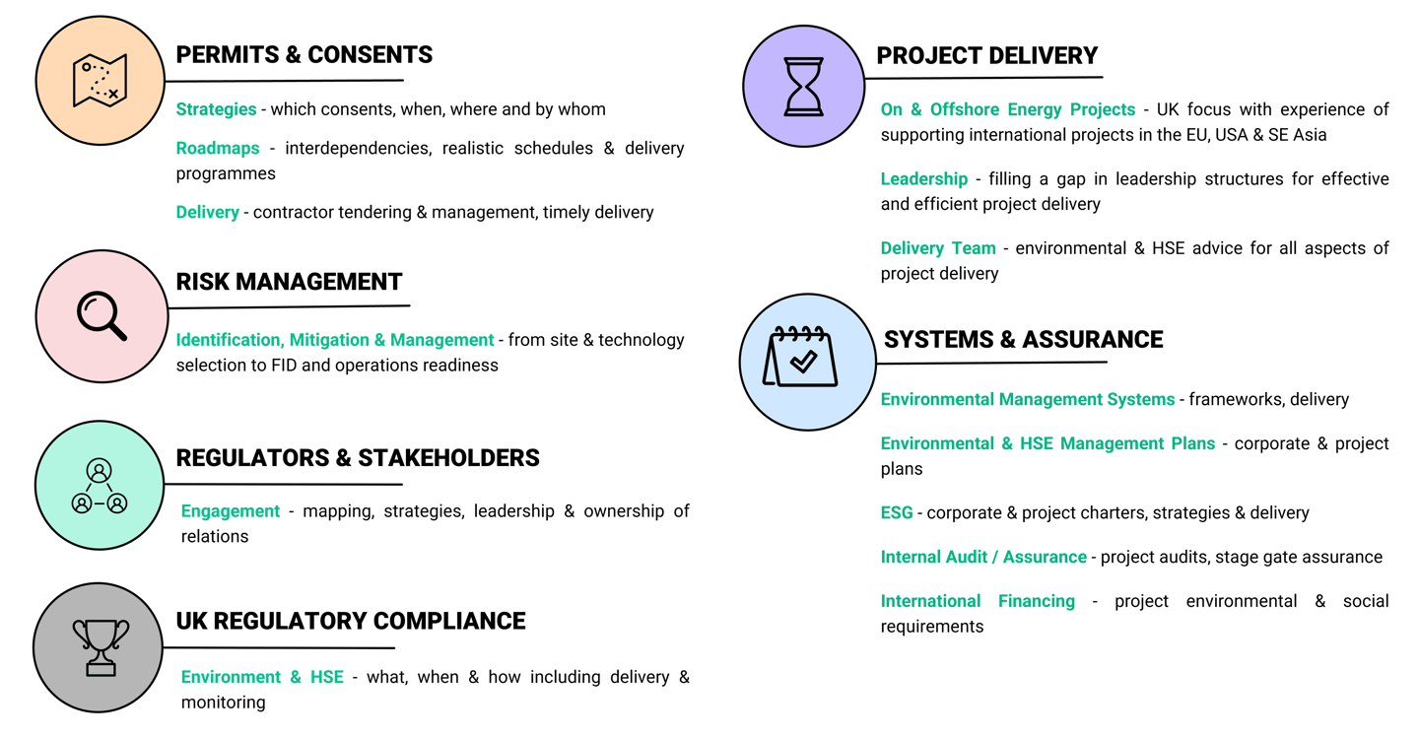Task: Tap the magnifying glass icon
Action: (101, 316)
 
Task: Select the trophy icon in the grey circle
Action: (100, 646)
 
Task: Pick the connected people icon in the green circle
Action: (100, 485)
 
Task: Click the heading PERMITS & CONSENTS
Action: (304, 55)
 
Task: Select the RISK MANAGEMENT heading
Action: (289, 282)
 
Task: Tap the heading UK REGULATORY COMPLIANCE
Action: (351, 621)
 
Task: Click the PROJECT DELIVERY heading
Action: (987, 55)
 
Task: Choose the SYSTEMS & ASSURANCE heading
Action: (1023, 340)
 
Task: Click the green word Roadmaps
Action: (218, 149)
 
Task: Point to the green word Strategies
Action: (216, 109)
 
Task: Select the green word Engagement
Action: (231, 511)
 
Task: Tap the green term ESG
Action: (897, 513)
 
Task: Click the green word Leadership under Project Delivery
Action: (923, 179)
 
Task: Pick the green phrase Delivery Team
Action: (938, 248)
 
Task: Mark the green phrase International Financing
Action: (978, 601)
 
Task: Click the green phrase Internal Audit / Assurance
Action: (983, 558)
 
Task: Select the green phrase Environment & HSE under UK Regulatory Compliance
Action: (262, 678)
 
